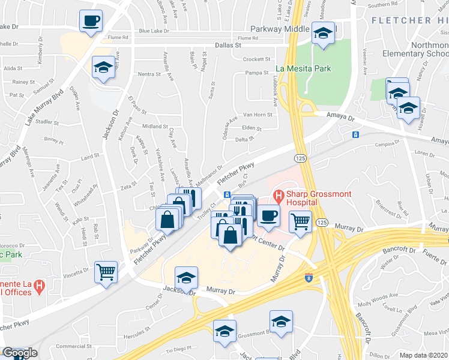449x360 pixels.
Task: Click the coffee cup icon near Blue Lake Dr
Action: [x=91, y=21]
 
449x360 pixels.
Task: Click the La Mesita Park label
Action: [x=304, y=68]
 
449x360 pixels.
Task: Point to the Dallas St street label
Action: [x=228, y=45]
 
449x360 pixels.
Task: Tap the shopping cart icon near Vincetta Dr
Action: [x=106, y=272]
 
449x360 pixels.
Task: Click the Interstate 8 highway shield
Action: [x=309, y=278]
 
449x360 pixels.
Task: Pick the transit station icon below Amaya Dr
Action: [x=355, y=134]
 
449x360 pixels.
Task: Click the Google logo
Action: [x=20, y=353]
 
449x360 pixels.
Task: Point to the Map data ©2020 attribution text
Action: [x=424, y=355]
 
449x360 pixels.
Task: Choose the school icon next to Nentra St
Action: [x=104, y=67]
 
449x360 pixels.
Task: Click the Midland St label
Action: [x=154, y=127]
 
